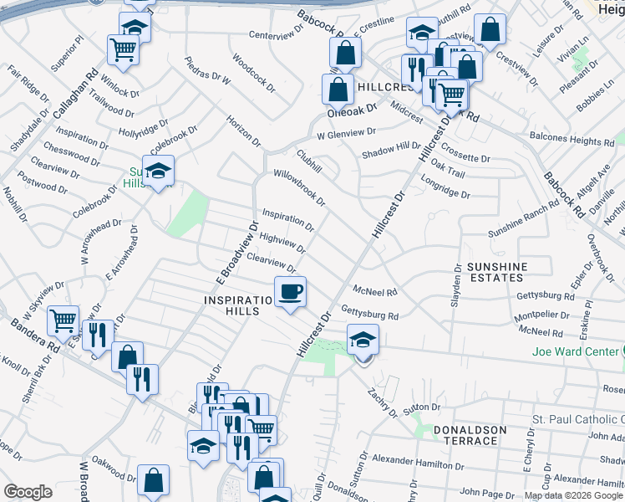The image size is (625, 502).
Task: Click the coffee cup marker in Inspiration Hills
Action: click(290, 292)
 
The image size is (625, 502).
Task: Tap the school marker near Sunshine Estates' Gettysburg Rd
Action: click(363, 341)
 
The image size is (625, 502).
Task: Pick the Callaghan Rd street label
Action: click(76, 92)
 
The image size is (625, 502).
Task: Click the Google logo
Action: click(28, 492)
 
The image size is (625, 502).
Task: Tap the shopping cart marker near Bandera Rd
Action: click(64, 320)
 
